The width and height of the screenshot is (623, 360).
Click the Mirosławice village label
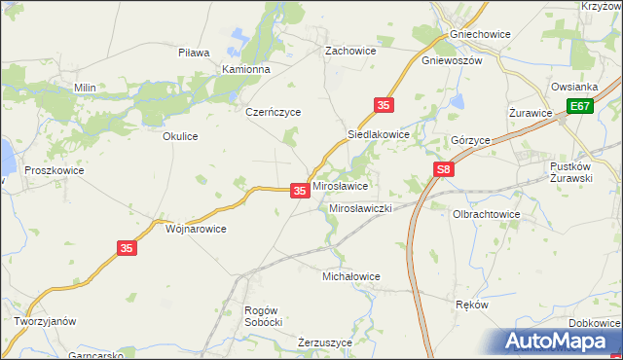(x=339, y=185)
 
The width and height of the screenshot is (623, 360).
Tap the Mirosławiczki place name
(x=360, y=209)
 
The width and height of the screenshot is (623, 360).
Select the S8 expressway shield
(x=444, y=170)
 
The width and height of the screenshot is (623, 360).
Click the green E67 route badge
(x=581, y=106)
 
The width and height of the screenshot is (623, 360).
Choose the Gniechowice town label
(x=481, y=34)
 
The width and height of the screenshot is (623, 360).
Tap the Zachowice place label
(x=350, y=50)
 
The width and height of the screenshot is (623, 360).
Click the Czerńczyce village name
(x=274, y=112)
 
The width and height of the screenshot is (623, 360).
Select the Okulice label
(x=180, y=136)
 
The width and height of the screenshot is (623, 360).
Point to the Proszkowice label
(x=55, y=170)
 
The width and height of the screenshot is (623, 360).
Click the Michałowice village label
(x=351, y=276)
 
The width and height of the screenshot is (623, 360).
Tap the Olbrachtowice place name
(x=487, y=214)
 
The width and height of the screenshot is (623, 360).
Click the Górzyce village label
(x=470, y=140)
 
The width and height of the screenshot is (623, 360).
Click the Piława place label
(x=195, y=53)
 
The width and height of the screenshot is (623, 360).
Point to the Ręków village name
(x=471, y=304)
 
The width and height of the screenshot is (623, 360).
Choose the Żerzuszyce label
(x=329, y=342)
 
